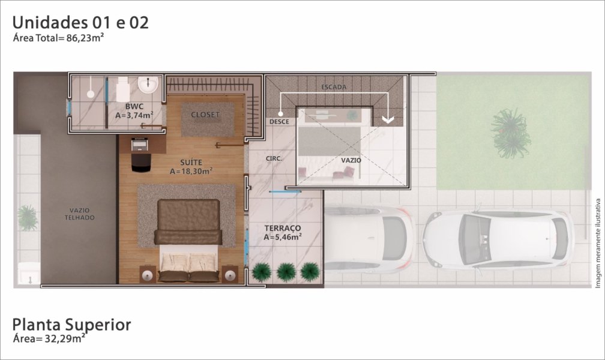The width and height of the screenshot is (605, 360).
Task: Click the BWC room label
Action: pyautogui.click(x=134, y=106)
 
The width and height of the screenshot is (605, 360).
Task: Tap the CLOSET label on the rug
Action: pyautogui.click(x=205, y=115)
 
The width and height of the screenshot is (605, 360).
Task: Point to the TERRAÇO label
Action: pyautogui.click(x=283, y=229)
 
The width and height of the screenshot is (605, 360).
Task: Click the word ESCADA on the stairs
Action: pyautogui.click(x=334, y=87)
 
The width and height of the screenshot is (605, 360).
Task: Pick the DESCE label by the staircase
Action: pyautogui.click(x=279, y=122)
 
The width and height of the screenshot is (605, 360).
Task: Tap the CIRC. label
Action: pyautogui.click(x=274, y=158)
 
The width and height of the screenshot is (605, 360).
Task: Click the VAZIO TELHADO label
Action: pyautogui.click(x=79, y=214)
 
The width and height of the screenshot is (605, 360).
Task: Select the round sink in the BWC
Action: pyautogui.click(x=148, y=85)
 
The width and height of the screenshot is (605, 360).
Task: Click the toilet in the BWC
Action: pyautogui.click(x=122, y=89)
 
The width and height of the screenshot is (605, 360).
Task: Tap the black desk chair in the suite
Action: pyautogui.click(x=141, y=163)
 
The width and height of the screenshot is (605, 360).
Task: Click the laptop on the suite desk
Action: pyautogui.click(x=139, y=145)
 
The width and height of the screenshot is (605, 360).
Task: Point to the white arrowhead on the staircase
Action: pyautogui.click(x=388, y=119)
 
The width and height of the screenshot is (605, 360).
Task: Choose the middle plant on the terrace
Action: pyautogui.click(x=286, y=272)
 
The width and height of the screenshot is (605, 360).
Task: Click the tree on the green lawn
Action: pyautogui.click(x=510, y=133)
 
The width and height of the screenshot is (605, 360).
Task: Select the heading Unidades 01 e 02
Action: pyautogui.click(x=80, y=22)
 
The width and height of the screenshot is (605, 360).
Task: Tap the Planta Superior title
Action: pyautogui.click(x=71, y=325)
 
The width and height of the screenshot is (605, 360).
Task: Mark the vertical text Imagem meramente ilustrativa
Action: pyautogui.click(x=598, y=243)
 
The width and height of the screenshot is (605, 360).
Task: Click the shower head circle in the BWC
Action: pyautogui.click(x=90, y=94)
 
